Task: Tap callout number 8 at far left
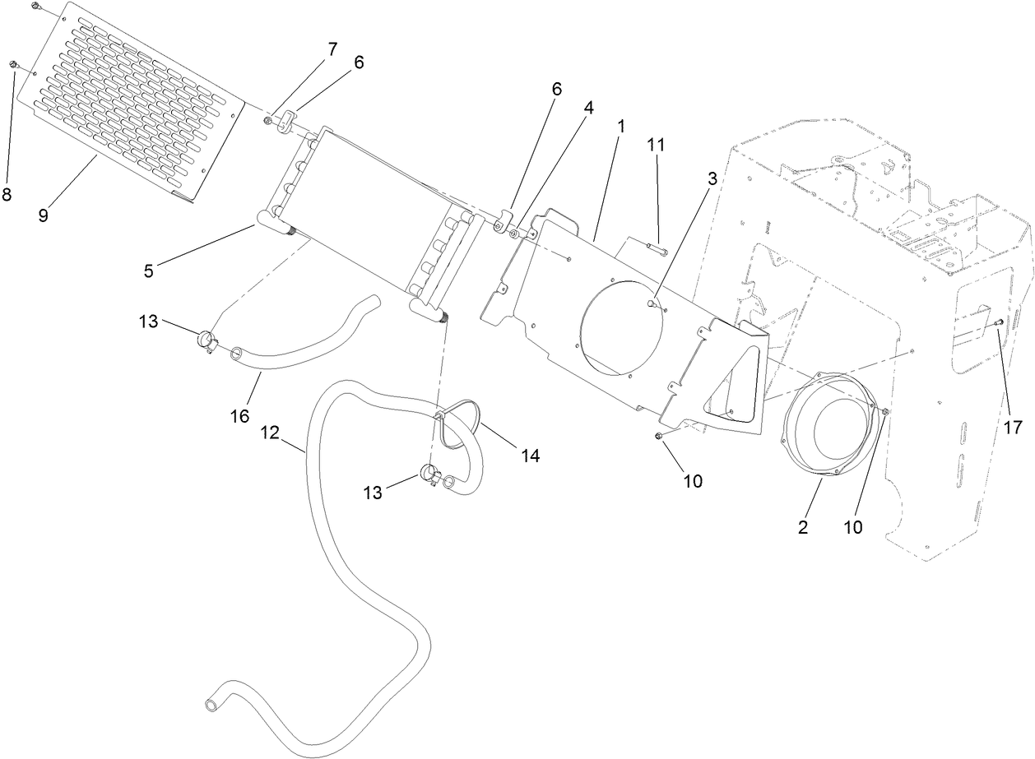coord(7,194)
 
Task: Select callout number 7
coord(332,49)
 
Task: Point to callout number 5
coord(149,271)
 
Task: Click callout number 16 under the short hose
coord(239,416)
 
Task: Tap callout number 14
coord(531,454)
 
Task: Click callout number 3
coord(712,178)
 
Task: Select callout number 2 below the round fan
coord(803,527)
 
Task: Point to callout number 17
coord(1012,427)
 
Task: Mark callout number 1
coord(621,127)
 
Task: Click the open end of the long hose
coord(211,704)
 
